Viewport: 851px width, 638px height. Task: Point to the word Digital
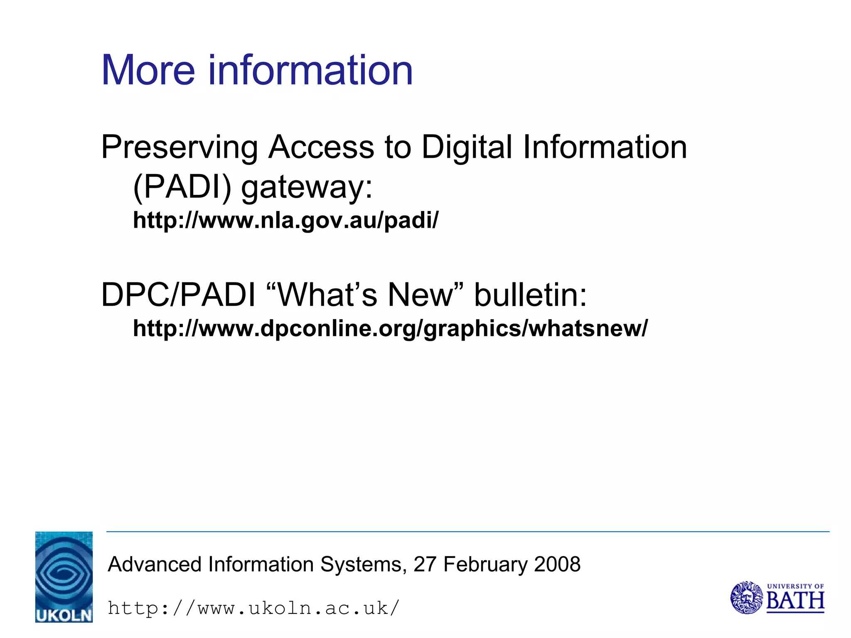(x=467, y=147)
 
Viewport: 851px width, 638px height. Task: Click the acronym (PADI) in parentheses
(x=182, y=187)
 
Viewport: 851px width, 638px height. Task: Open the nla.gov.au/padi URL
(x=285, y=220)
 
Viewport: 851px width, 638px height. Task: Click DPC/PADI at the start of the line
(x=178, y=295)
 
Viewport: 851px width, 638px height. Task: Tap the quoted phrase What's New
(x=364, y=295)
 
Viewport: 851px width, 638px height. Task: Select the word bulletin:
(x=531, y=295)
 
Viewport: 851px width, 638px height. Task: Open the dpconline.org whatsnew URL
(x=390, y=329)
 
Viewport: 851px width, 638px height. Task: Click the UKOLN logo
(x=64, y=577)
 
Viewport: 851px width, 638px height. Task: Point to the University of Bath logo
(x=777, y=598)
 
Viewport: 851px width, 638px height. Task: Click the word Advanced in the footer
(x=155, y=564)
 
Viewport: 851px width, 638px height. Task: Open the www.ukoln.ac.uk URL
(x=253, y=609)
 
